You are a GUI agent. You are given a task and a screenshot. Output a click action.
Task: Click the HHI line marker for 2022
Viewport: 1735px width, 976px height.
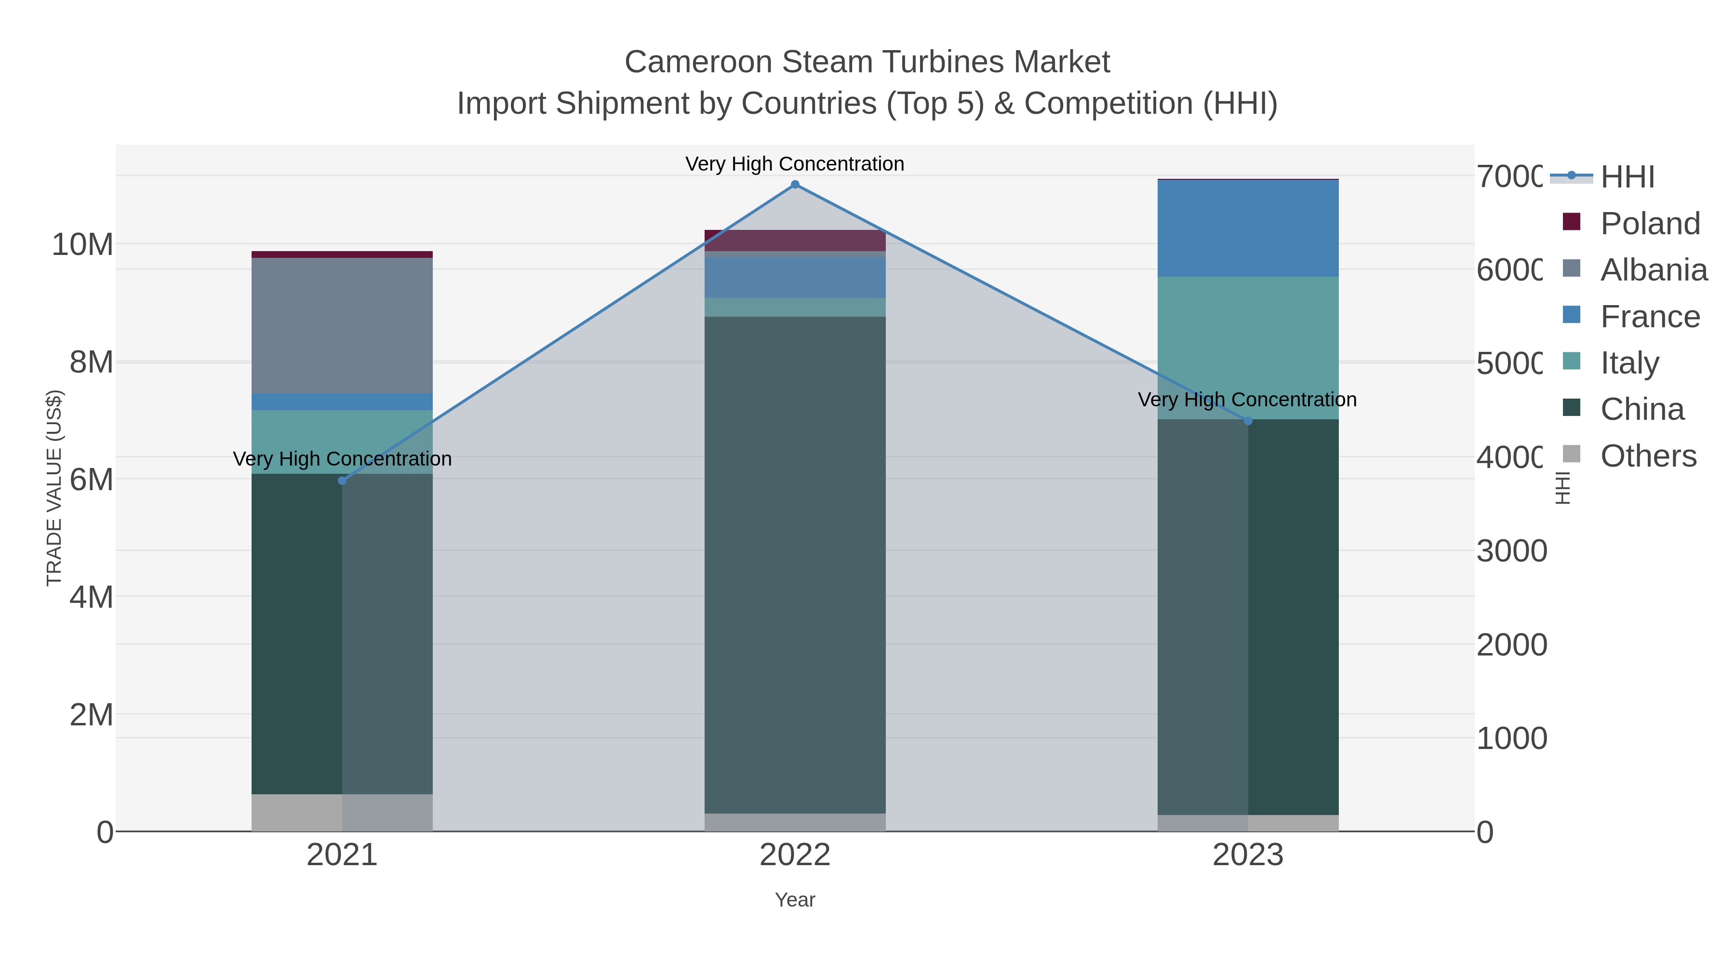[x=795, y=185]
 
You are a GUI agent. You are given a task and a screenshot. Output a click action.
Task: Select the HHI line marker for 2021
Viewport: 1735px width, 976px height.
[x=342, y=480]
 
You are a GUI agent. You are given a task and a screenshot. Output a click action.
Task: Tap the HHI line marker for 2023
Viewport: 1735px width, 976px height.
[x=1248, y=421]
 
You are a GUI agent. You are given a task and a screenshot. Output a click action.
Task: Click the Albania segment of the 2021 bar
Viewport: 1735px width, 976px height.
[x=342, y=325]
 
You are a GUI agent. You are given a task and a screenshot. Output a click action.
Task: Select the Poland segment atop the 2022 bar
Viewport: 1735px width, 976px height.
[x=795, y=240]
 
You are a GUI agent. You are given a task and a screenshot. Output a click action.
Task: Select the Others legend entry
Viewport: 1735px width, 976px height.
[x=1647, y=456]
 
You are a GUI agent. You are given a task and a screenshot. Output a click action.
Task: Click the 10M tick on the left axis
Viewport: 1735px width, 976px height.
[x=82, y=244]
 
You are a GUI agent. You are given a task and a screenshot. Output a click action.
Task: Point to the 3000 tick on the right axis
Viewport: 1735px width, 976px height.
[x=1511, y=551]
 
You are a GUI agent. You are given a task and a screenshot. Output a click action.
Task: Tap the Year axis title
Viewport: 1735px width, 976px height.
[x=795, y=900]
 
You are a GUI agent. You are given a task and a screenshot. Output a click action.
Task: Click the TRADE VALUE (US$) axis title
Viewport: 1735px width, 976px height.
[x=54, y=488]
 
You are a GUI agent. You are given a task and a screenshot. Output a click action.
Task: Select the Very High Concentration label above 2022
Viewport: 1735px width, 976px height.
[x=795, y=164]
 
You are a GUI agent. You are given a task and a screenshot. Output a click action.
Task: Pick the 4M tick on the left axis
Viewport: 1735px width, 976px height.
[x=91, y=597]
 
